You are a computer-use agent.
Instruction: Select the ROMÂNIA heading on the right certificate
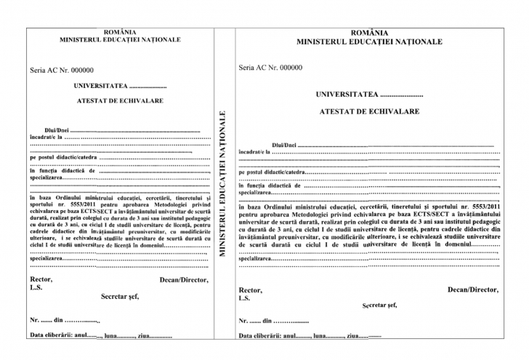pyautogui.click(x=369, y=33)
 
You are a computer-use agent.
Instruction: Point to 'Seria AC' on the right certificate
pyautogui.click(x=252, y=68)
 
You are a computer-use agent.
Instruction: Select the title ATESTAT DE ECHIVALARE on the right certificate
pyautogui.click(x=369, y=112)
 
